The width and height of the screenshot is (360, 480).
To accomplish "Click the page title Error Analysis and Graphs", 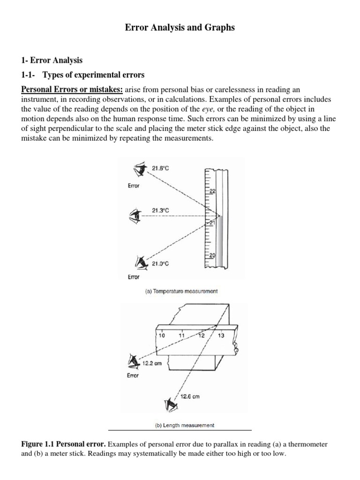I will pos(180,28).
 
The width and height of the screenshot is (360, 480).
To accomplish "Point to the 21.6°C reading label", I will pos(161,167).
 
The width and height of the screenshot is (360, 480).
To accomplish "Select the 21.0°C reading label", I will pos(160,264).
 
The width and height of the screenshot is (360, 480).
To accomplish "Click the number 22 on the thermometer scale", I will pos(211,191).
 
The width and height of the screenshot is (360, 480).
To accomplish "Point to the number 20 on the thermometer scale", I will pos(211,255).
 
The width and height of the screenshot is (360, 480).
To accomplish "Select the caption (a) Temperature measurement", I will pos(180,291).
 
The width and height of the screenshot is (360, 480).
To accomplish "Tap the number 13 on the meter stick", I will pos(221,336).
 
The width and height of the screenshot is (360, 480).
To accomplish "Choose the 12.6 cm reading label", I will pos(190,396).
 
